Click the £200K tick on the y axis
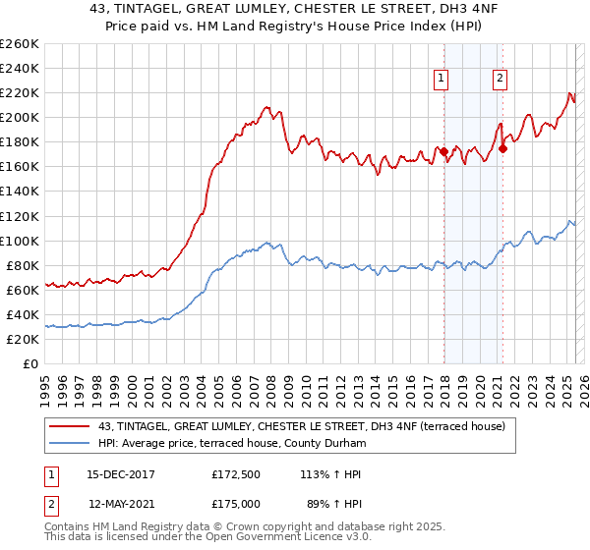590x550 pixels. click(20, 117)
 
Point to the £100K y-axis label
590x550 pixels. click(20, 241)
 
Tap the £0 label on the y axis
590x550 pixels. click(31, 363)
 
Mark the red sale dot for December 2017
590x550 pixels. click(443, 151)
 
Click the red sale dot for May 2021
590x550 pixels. click(502, 148)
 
